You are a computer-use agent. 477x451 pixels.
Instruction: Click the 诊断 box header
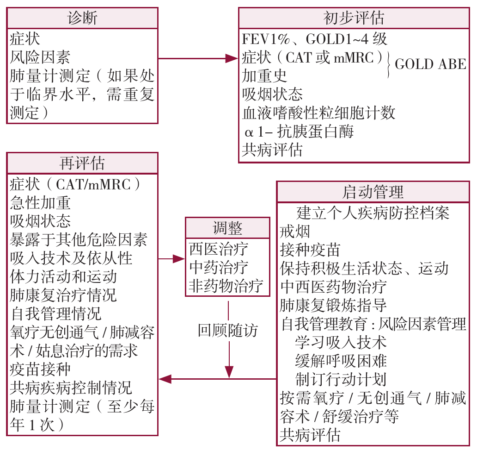click(82, 19)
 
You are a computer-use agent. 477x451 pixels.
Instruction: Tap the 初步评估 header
click(354, 19)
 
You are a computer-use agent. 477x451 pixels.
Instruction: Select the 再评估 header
click(82, 163)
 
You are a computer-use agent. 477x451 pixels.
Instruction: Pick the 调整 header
click(227, 228)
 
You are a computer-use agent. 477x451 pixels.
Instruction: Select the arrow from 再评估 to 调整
click(171, 259)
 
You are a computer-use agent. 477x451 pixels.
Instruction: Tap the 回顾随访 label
click(228, 330)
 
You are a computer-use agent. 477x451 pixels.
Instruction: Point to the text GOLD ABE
click(430, 64)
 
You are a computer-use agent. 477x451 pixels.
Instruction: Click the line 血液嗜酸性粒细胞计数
click(318, 113)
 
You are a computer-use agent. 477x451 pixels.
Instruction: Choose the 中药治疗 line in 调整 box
click(219, 268)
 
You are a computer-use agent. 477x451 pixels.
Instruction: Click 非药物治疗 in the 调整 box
click(226, 286)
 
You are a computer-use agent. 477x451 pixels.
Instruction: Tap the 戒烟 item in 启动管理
click(295, 232)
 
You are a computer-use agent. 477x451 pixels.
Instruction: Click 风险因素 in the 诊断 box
click(40, 57)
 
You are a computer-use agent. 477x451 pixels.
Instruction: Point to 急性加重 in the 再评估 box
click(40, 202)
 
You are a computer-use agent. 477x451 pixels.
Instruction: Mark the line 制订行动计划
click(341, 379)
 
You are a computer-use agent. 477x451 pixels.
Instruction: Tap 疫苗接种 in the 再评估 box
click(40, 369)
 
